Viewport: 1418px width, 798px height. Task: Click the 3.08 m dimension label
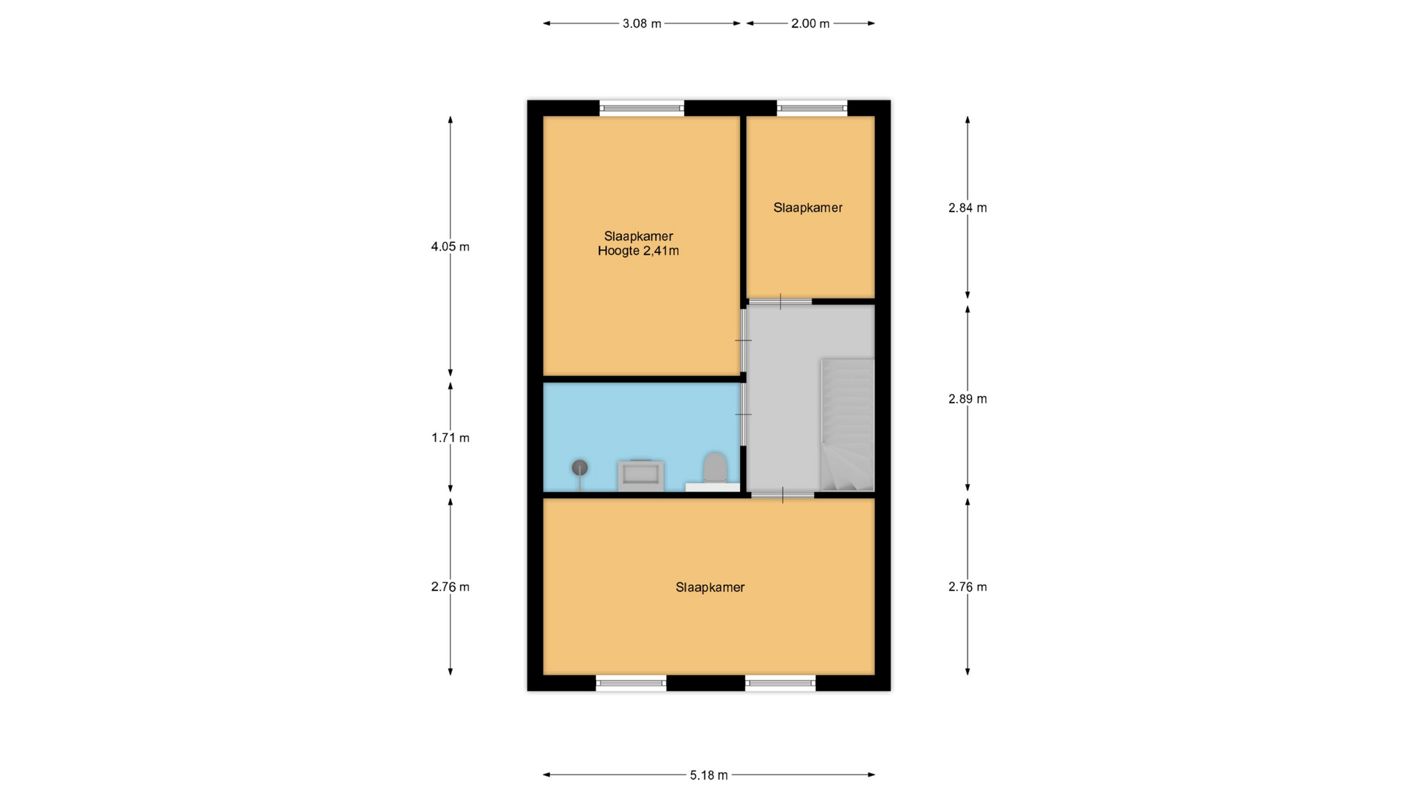[641, 24]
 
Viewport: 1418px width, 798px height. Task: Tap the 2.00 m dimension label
[810, 24]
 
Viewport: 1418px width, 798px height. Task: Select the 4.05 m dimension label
[451, 247]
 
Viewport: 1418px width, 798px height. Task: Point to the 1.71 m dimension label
[451, 437]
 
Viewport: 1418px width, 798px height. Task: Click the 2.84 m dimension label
[967, 208]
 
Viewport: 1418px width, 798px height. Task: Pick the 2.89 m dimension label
[967, 399]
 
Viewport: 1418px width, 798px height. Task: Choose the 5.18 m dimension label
[709, 775]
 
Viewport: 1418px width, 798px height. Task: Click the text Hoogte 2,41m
[638, 251]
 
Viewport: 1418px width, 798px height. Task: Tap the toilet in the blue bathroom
[714, 468]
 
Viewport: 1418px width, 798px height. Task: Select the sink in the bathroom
[640, 476]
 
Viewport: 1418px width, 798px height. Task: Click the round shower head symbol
[580, 467]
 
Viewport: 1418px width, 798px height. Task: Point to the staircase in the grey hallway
[847, 425]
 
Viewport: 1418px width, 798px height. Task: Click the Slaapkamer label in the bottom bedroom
[710, 587]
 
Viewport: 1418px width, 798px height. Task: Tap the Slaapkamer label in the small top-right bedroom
[808, 208]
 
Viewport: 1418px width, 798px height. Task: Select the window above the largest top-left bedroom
[641, 108]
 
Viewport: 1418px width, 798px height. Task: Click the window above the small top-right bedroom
[812, 108]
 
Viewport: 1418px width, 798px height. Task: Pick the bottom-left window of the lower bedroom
[631, 683]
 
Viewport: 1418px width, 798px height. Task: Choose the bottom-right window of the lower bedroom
[781, 683]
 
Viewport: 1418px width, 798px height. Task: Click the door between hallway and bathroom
[743, 414]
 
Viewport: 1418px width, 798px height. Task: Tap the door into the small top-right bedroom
[780, 301]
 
